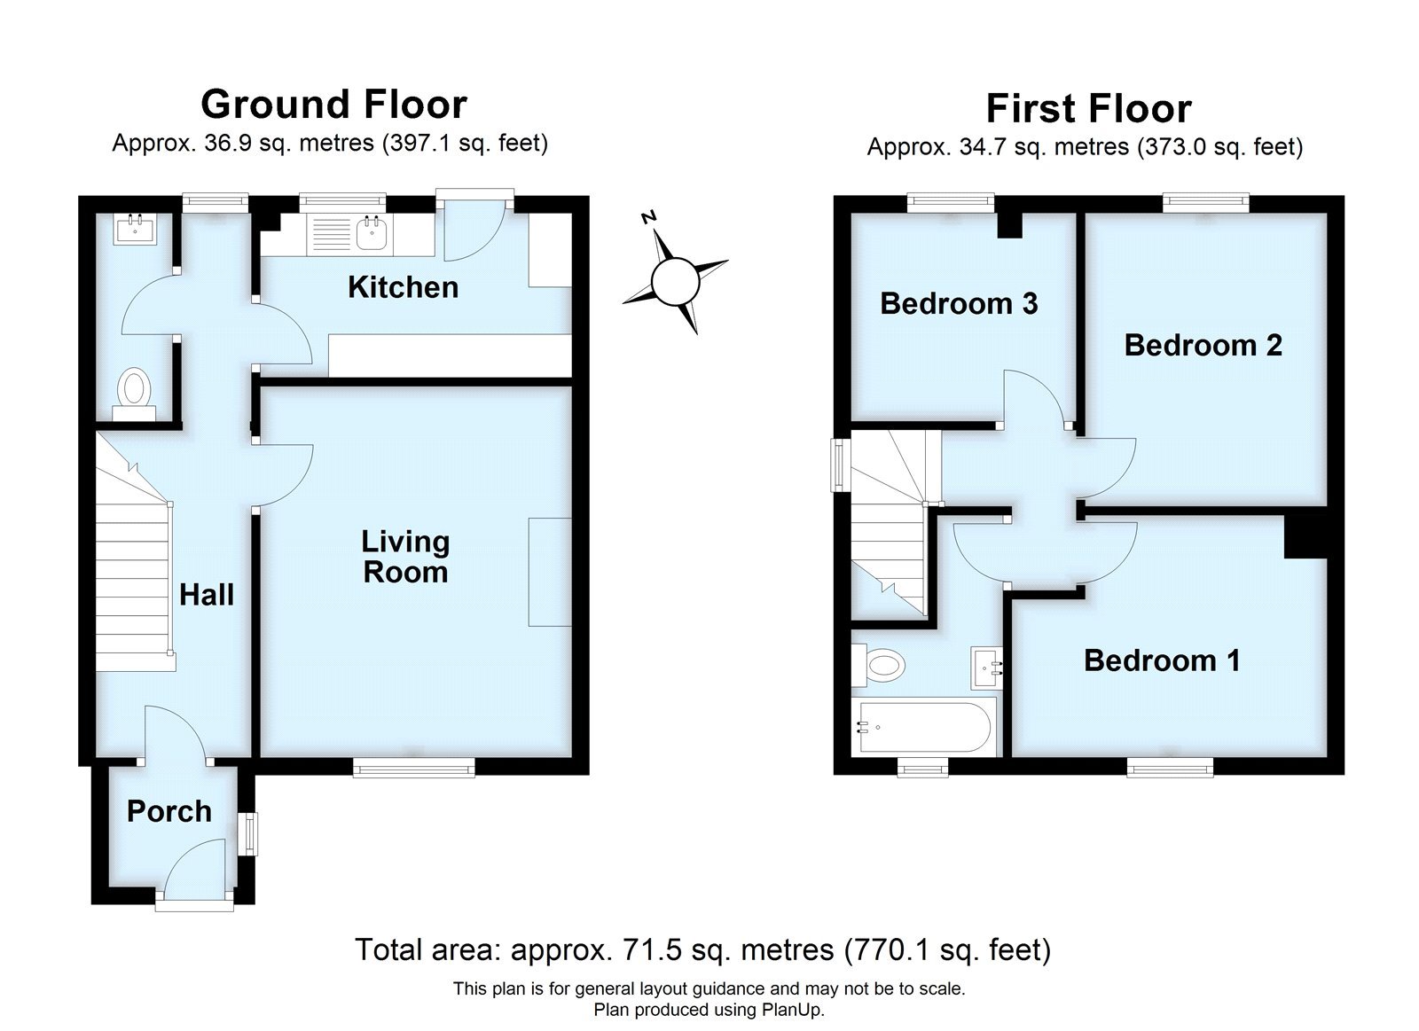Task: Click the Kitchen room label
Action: [x=403, y=287]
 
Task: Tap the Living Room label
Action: [x=405, y=557]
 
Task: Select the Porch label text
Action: [x=169, y=811]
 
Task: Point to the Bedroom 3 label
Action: [x=959, y=304]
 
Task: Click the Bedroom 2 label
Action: [x=1203, y=345]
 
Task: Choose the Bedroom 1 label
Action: [x=1161, y=660]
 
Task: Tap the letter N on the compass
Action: [x=650, y=217]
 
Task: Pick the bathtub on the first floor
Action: [x=922, y=727]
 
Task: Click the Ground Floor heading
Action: [x=333, y=105]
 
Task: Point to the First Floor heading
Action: [x=1088, y=109]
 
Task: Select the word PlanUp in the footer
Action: [x=796, y=1009]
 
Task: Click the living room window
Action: [x=413, y=767]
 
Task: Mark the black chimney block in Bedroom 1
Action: [x=1305, y=536]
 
